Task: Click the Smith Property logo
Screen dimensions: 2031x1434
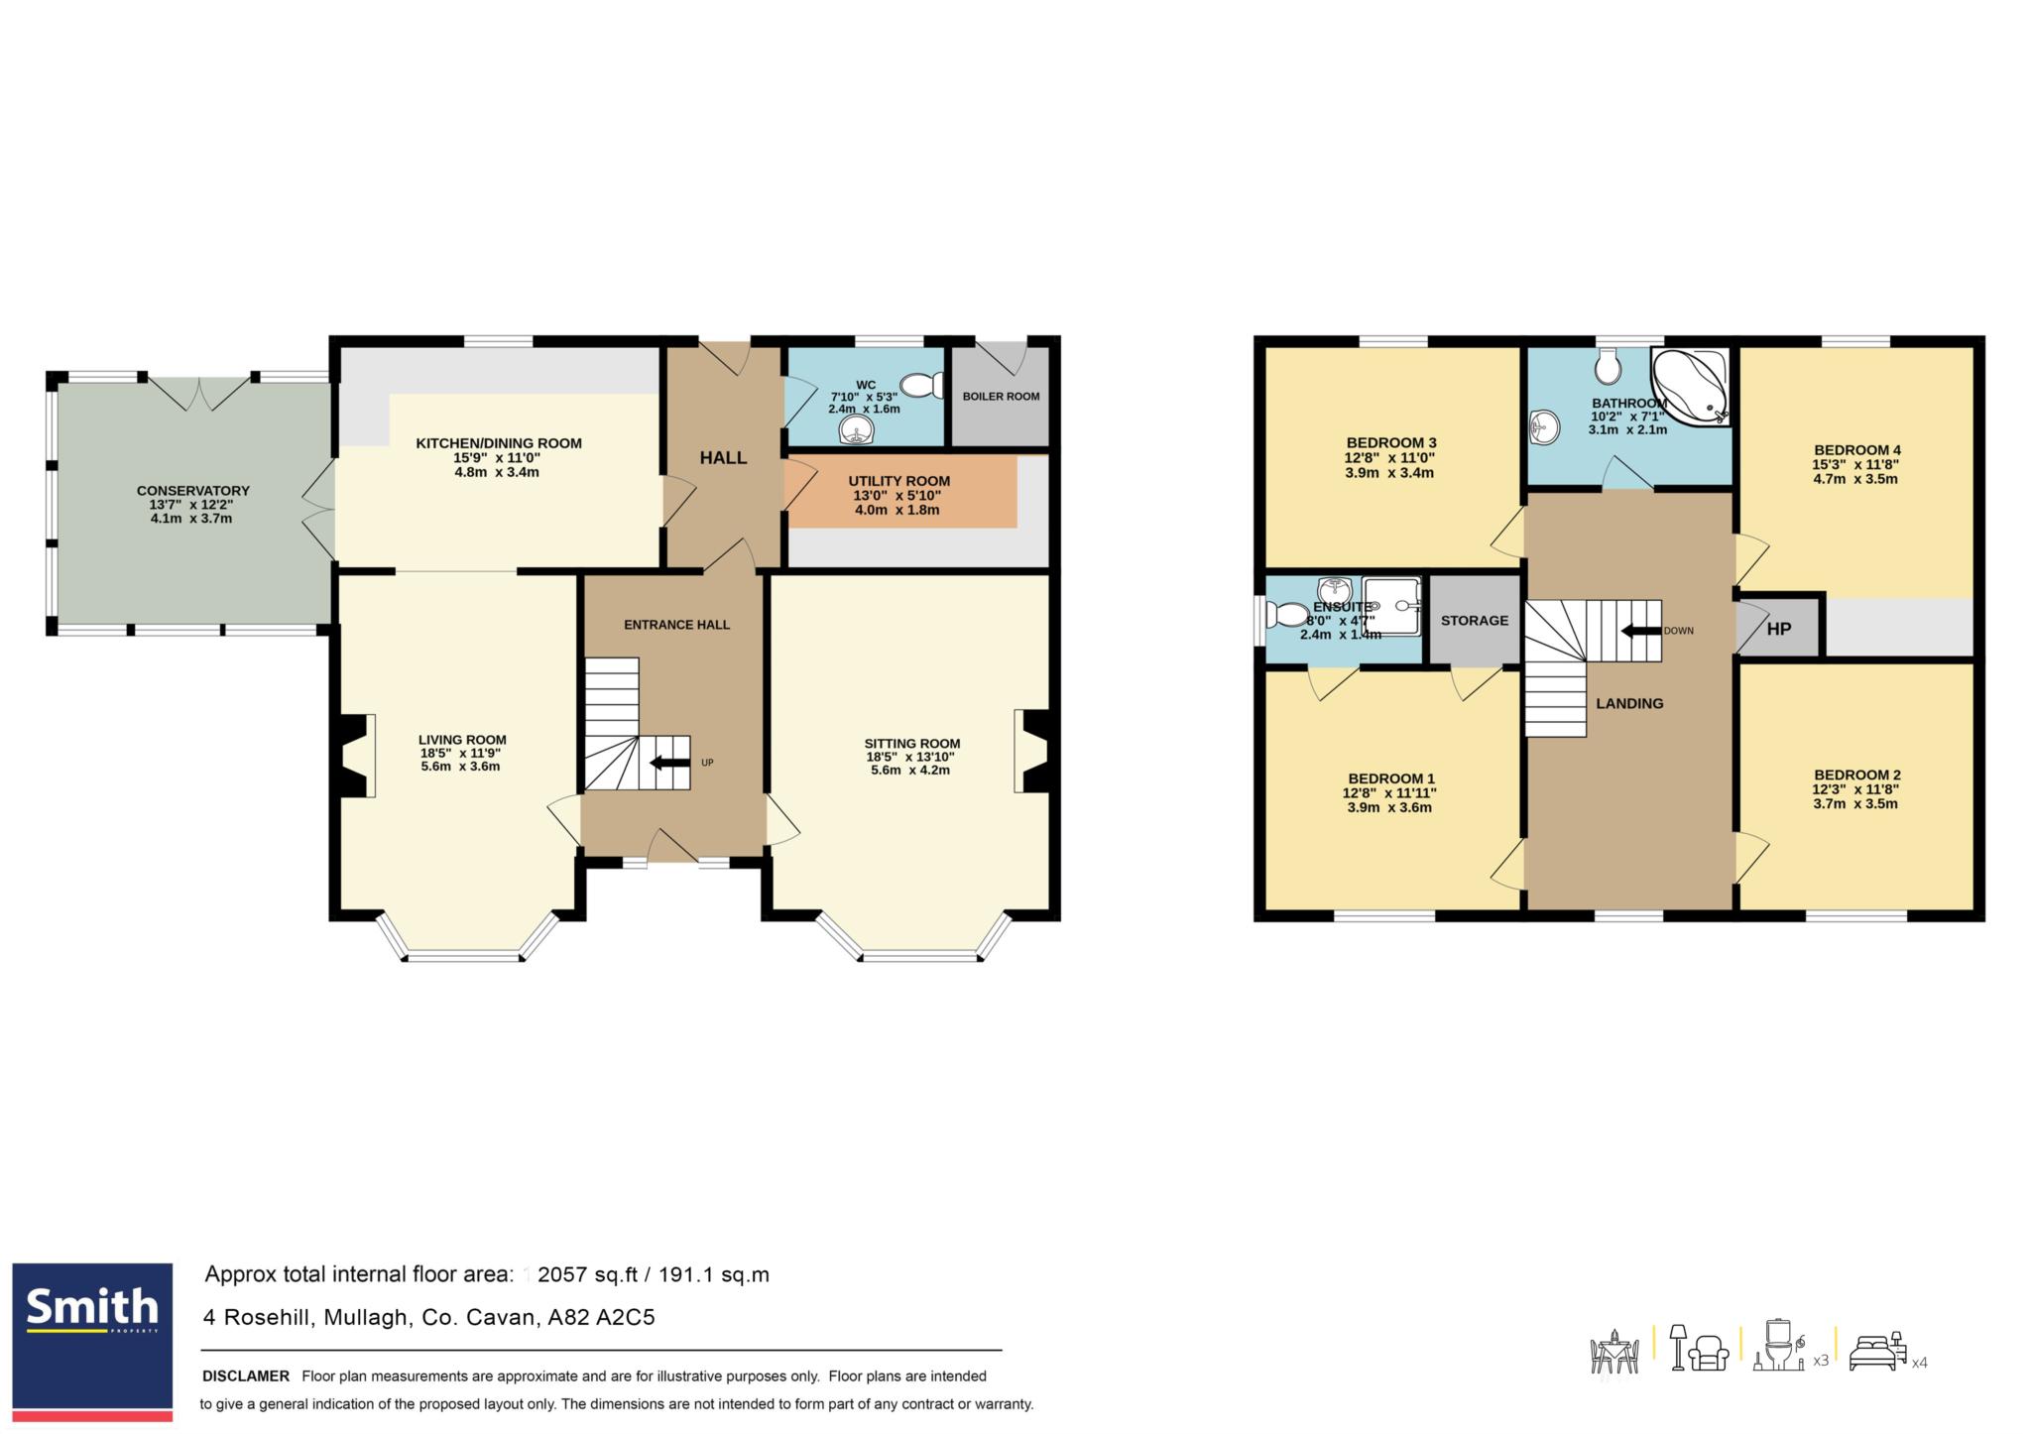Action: (x=92, y=1341)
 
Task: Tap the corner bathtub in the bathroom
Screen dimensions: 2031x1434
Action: (x=1690, y=386)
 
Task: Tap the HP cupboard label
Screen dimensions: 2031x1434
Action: (x=1779, y=628)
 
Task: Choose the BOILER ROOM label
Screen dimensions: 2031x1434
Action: (x=1001, y=397)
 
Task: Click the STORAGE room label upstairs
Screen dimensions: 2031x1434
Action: (x=1475, y=621)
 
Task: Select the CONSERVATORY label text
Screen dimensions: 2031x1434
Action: (x=193, y=491)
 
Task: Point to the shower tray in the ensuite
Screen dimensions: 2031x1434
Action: (x=1391, y=605)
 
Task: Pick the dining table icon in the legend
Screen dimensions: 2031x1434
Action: (x=1614, y=1351)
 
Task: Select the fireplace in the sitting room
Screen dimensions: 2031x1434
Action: (x=1031, y=751)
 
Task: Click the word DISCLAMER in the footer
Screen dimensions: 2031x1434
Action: (x=246, y=1376)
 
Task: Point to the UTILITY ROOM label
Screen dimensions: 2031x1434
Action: (x=899, y=481)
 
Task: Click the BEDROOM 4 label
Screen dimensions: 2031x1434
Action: (x=1857, y=450)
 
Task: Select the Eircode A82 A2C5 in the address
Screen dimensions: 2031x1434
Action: (x=602, y=1318)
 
